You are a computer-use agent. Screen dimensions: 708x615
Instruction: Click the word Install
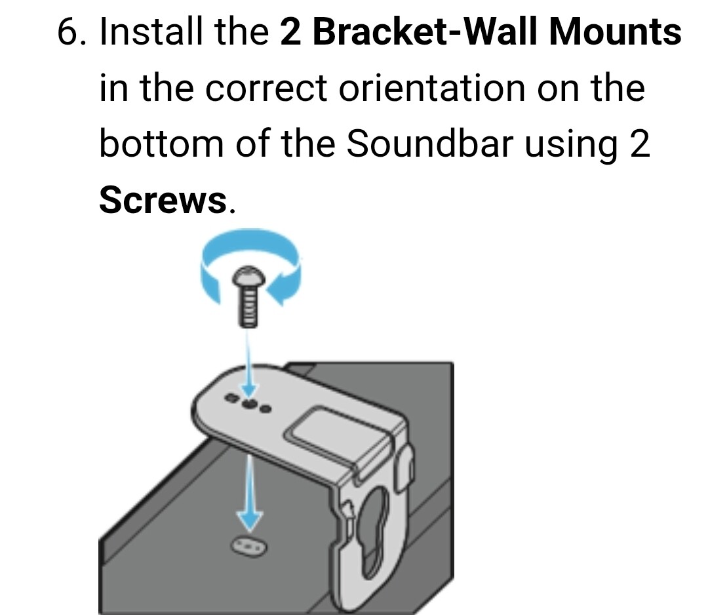click(151, 31)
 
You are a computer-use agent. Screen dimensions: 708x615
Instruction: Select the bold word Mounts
click(615, 31)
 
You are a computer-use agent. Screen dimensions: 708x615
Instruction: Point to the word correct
click(266, 88)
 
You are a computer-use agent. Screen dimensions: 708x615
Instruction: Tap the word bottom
click(161, 143)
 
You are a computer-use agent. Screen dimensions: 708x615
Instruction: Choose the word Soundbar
click(429, 143)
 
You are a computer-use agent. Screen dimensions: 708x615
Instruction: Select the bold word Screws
click(163, 199)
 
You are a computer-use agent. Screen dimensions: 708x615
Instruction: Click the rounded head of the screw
click(248, 276)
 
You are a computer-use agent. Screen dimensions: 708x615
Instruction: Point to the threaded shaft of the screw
click(248, 306)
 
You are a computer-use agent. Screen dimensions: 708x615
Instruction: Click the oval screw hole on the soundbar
click(249, 547)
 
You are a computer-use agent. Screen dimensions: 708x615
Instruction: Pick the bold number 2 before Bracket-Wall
click(290, 31)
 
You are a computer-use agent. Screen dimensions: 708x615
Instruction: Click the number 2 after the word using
click(640, 143)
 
